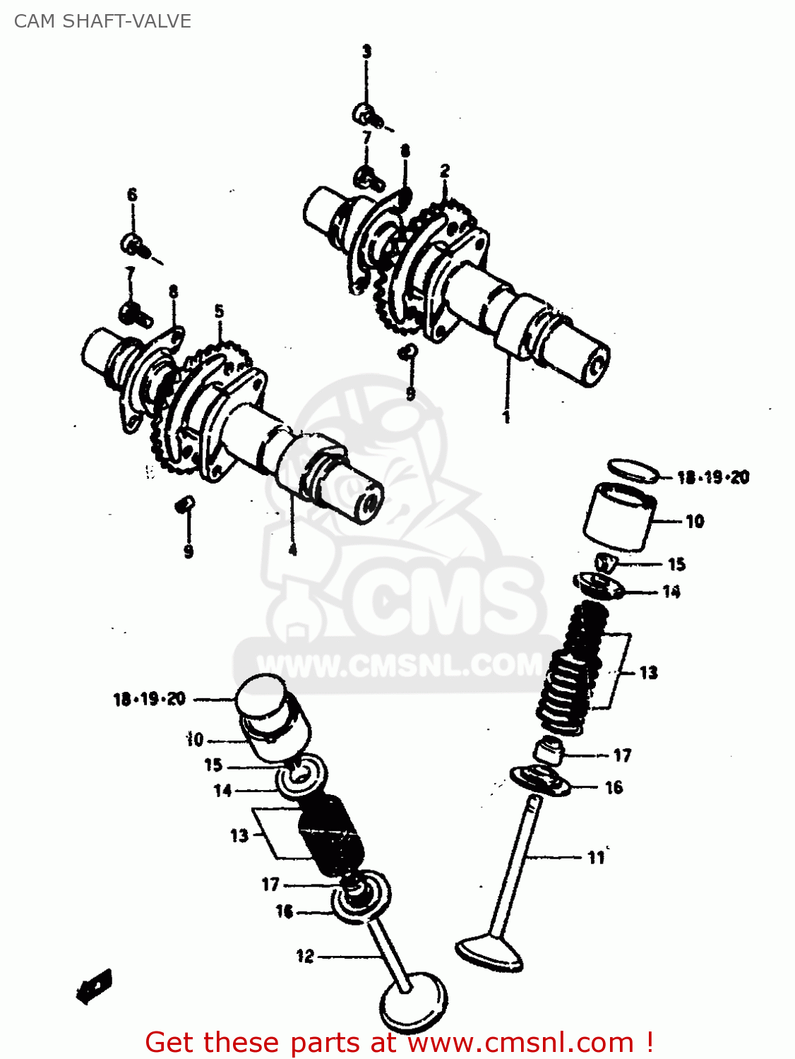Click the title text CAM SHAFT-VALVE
(102, 21)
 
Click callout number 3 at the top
(366, 52)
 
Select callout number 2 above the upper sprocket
(444, 170)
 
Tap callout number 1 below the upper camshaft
(506, 417)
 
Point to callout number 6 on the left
(132, 195)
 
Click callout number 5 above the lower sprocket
(219, 311)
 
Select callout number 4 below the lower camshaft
(292, 550)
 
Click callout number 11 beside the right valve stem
(596, 857)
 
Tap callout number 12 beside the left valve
(304, 956)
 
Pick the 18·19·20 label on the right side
(712, 478)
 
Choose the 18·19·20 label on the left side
(149, 699)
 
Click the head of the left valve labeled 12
(413, 1003)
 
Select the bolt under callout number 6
(133, 245)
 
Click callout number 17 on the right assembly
(621, 755)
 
